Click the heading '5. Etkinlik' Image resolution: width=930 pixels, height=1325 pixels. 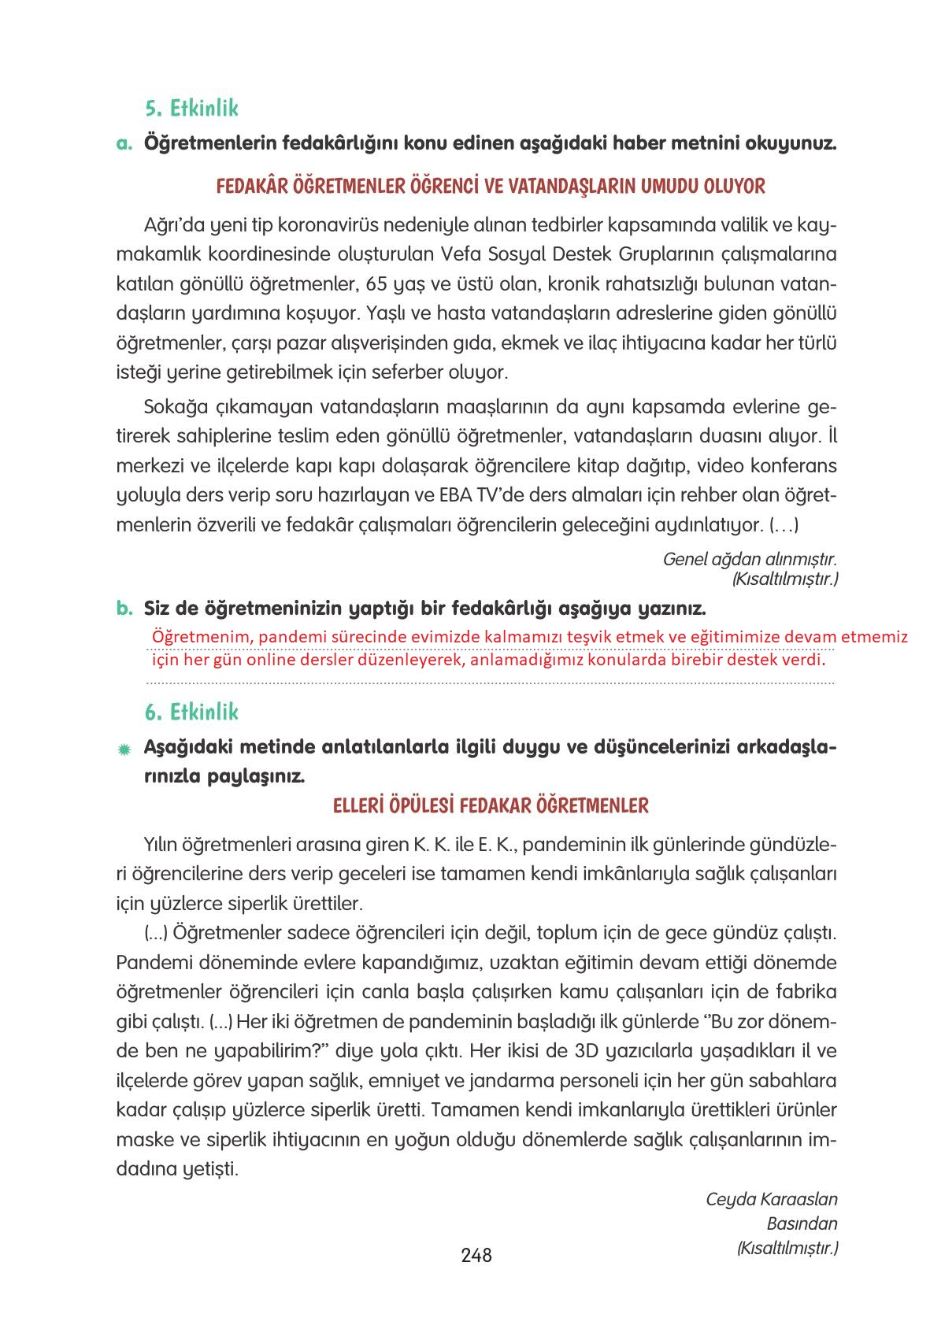(191, 108)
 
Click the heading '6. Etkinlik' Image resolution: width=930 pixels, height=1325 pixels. (191, 712)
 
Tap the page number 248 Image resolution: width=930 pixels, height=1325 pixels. (476, 1255)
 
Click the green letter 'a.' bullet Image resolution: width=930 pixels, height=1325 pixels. (124, 144)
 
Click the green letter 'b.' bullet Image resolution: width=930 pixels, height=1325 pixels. (124, 609)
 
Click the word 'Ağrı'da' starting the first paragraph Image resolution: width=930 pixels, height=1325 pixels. (174, 226)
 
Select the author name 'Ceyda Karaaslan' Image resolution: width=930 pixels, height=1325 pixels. (771, 1199)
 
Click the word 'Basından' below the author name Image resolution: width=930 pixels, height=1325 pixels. (802, 1223)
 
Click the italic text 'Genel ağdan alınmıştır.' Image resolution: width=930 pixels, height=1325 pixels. (749, 559)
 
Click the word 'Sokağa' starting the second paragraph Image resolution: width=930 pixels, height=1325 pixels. (175, 407)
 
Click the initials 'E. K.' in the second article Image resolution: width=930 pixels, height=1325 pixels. (495, 845)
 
